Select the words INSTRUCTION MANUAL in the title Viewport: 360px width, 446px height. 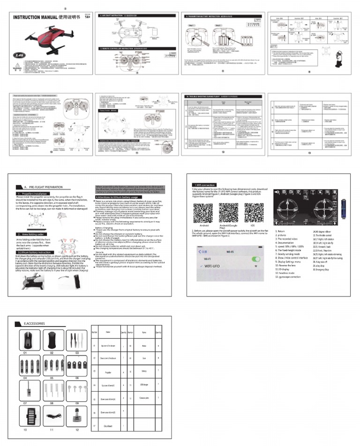point(31,17)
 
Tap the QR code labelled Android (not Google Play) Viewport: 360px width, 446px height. point(204,210)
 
